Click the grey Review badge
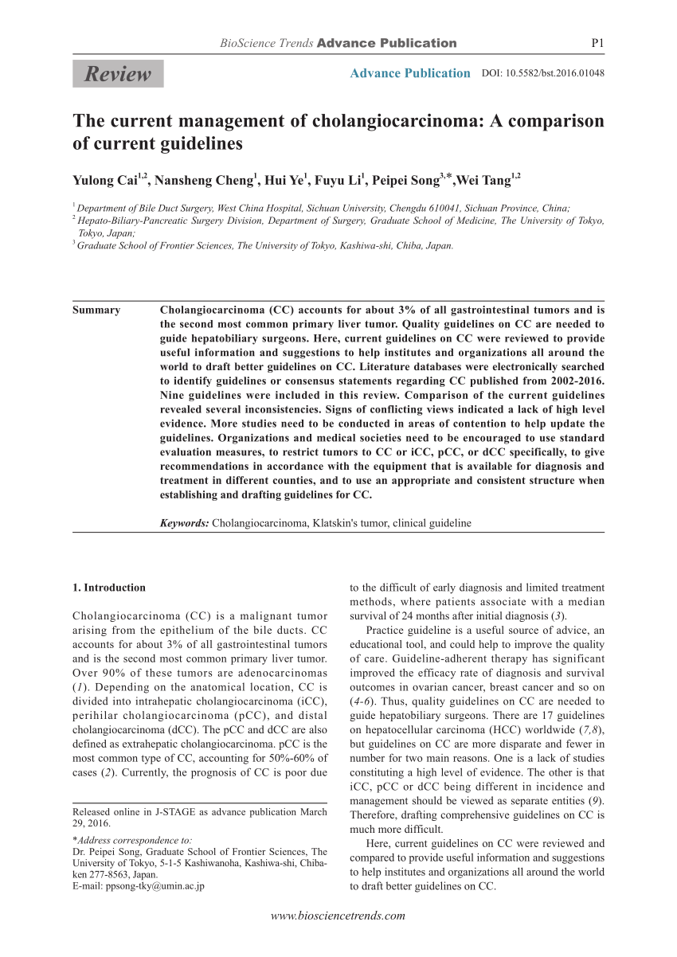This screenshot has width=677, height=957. coord(118,74)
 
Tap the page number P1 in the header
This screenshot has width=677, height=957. coord(596,43)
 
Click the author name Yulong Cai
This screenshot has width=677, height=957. coord(105,181)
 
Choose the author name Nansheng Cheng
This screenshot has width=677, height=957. coord(203,181)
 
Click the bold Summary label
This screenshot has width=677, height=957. coord(96,310)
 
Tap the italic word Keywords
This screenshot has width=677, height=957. coord(184,523)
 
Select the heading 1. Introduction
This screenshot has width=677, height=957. coord(109,588)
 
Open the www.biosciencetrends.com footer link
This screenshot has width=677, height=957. coord(338,916)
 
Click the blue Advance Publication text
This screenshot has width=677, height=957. coord(410,73)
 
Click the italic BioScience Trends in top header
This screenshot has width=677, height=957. coord(267,43)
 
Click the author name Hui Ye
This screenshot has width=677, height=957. coord(286,181)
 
